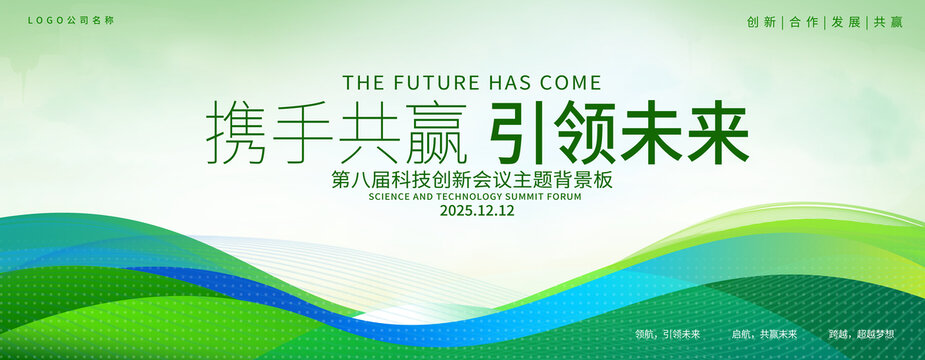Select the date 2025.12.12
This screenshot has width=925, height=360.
(x=477, y=211)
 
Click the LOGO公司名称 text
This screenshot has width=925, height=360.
(x=71, y=20)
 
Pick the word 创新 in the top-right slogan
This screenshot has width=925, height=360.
(x=761, y=22)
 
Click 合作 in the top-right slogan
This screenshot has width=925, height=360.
(x=804, y=22)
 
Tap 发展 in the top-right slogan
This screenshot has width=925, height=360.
(x=846, y=22)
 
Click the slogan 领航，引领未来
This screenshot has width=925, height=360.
(x=668, y=334)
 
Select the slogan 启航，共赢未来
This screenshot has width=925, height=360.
(x=765, y=334)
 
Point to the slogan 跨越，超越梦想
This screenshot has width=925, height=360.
(x=861, y=334)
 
